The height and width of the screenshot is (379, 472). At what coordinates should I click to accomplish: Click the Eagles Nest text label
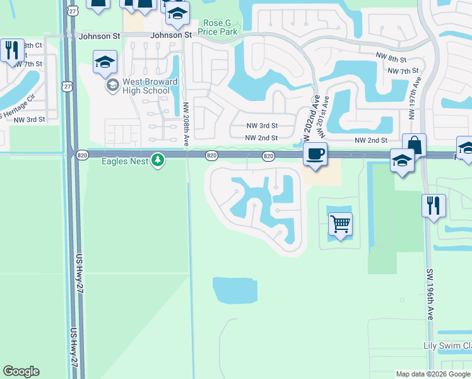coord(126,161)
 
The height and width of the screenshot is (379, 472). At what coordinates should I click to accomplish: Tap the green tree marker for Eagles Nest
coord(158,160)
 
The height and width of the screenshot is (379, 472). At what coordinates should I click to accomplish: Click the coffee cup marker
coord(315,153)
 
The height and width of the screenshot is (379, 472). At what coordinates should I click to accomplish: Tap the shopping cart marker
coord(340,224)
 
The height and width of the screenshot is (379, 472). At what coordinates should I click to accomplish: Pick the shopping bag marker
coord(414,145)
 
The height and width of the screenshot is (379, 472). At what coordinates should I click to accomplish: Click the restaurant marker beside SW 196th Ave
coord(434,205)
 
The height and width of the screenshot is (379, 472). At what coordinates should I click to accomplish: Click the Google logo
coord(21,371)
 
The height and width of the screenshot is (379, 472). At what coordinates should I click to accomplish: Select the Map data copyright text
coord(433,374)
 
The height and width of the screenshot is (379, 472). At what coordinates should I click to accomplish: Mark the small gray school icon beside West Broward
coord(112,85)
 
